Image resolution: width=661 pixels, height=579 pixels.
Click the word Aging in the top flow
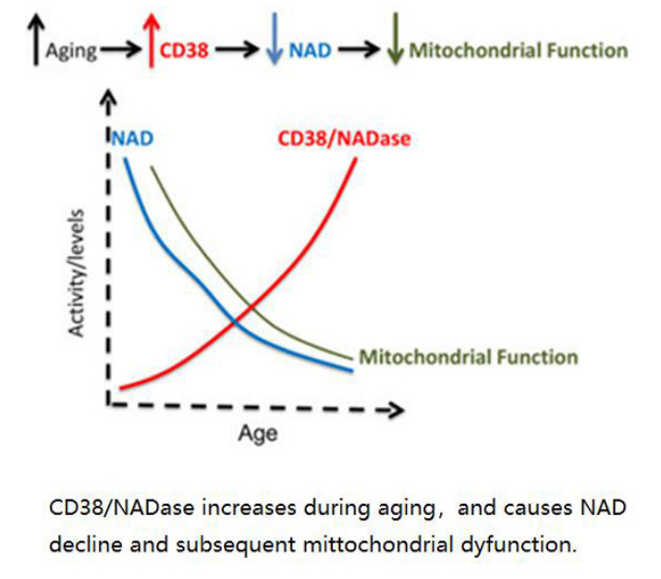[x=71, y=50]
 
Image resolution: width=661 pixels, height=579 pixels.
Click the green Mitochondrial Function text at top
[x=518, y=50]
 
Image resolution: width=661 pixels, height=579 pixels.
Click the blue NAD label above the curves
[x=131, y=140]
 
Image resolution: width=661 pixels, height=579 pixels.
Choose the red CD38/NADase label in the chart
[x=344, y=140]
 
